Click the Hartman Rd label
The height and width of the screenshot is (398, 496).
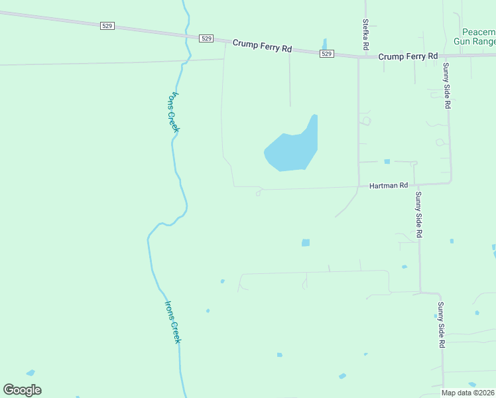point(389,186)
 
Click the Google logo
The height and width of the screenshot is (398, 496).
point(23,390)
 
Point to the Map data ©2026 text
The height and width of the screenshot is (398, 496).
point(467,393)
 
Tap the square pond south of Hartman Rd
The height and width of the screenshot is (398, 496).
point(306,243)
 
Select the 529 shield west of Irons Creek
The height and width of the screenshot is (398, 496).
point(107,26)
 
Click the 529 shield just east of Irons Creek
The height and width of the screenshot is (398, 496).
point(206,38)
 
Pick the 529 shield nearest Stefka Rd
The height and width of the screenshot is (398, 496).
point(326,54)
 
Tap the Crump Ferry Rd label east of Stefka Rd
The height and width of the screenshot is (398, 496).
point(408,57)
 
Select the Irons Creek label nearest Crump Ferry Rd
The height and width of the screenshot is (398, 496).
point(170,111)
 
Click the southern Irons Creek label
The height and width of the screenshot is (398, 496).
point(172,322)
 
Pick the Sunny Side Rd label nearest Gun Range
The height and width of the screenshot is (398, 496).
point(448,86)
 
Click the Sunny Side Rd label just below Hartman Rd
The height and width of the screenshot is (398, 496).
point(418,215)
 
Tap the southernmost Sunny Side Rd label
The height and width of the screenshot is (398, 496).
point(440,325)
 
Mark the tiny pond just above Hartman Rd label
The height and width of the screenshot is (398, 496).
point(387,161)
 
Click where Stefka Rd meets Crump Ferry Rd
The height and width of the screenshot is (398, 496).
point(359,57)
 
